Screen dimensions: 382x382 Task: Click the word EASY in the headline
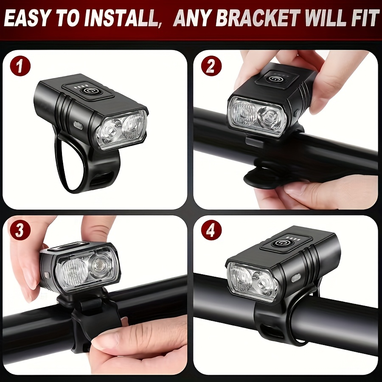[x=27, y=19]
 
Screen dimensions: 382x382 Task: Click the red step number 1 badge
[x=20, y=65]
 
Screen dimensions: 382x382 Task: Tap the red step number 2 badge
[x=211, y=65]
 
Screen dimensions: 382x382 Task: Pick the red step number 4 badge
[x=211, y=230]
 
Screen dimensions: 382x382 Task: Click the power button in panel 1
[x=89, y=91]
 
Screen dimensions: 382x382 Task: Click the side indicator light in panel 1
[x=79, y=126]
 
